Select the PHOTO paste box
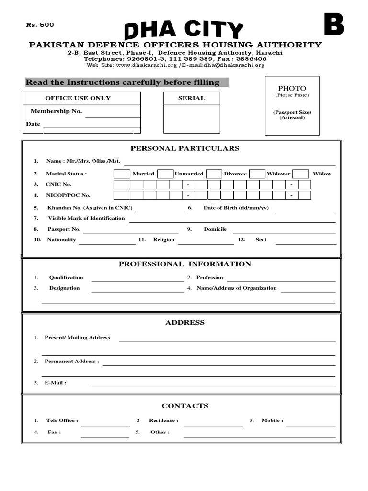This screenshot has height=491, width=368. (x=292, y=105)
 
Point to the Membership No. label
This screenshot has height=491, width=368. (x=56, y=111)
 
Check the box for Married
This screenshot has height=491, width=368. (x=122, y=174)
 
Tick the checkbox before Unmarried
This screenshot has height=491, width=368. (x=165, y=174)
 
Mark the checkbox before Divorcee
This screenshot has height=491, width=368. (x=214, y=174)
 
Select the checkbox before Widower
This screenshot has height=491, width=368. (x=257, y=174)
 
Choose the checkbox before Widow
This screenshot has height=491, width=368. (x=300, y=174)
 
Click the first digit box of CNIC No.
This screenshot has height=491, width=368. (x=122, y=185)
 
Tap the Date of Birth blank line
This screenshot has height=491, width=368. (x=305, y=210)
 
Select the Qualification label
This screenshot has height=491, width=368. (x=66, y=277)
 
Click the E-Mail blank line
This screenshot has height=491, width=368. (x=213, y=385)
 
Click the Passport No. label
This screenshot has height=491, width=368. (x=64, y=229)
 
